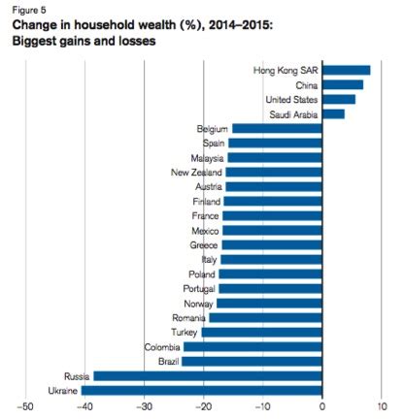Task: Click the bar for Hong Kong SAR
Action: pyautogui.click(x=346, y=70)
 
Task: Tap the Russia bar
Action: pyautogui.click(x=207, y=375)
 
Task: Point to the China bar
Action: pyautogui.click(x=342, y=84)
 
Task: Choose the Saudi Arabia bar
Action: pyautogui.click(x=333, y=113)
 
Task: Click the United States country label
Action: pyautogui.click(x=290, y=99)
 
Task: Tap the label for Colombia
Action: pyautogui.click(x=161, y=346)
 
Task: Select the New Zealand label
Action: pyautogui.click(x=198, y=172)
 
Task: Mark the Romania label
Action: pyautogui.click(x=188, y=317)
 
